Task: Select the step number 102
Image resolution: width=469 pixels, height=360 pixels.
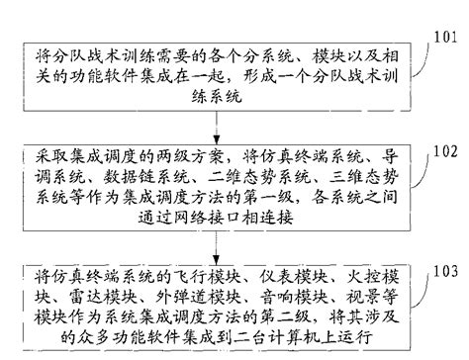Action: point(446,153)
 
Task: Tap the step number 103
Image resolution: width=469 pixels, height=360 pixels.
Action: point(446,270)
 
